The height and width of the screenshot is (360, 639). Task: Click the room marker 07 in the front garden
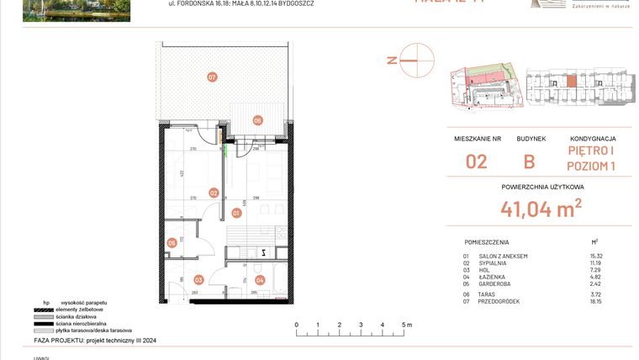(212, 77)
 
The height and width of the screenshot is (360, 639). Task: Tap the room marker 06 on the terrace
(258, 120)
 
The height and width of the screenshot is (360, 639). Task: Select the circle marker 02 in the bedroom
(214, 193)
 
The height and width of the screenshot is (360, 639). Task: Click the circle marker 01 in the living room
(237, 213)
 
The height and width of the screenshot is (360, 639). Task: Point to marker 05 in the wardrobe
(172, 243)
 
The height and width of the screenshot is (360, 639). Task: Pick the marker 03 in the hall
(198, 279)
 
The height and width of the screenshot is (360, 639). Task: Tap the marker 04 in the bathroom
(260, 279)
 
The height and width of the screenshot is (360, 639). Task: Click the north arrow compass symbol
(416, 60)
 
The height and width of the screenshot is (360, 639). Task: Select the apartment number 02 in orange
(477, 161)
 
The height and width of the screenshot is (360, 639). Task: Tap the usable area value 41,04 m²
(541, 208)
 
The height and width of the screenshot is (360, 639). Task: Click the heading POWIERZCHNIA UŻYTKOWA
(542, 187)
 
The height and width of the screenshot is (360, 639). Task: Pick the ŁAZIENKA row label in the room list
(493, 276)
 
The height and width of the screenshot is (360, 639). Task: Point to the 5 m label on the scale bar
(407, 324)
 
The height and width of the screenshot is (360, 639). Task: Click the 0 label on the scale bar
(296, 324)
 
